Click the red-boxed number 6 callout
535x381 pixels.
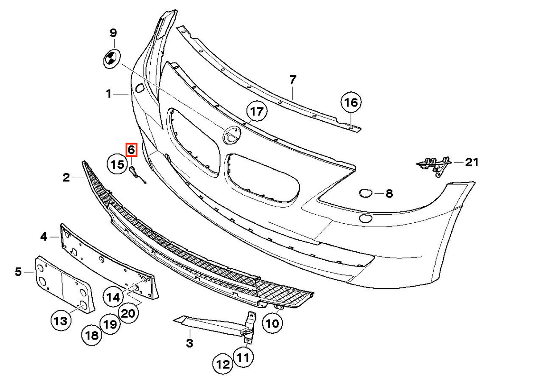point(132,150)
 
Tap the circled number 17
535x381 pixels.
point(257,111)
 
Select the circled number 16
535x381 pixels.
point(351,102)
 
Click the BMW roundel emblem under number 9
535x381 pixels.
point(112,59)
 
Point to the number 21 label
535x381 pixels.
point(472,163)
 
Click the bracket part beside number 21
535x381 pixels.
point(433,165)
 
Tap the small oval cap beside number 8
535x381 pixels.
point(366,193)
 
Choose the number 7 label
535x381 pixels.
point(292,80)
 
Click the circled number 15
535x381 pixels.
point(118,164)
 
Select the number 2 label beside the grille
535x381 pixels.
point(66,178)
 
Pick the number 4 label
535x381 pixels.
point(44,237)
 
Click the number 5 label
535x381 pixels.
point(18,272)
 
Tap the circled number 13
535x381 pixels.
point(61,321)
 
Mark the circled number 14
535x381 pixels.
point(113,297)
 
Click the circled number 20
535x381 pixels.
point(128,313)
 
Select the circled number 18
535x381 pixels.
point(91,336)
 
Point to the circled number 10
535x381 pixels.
point(272,324)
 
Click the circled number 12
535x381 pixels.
point(223,365)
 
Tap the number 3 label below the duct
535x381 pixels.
point(189,343)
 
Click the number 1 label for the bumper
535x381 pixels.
point(109,94)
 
